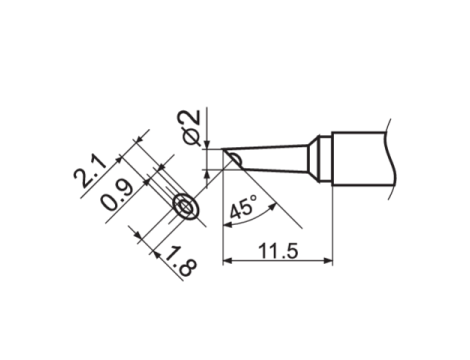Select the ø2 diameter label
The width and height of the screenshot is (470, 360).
(193, 127)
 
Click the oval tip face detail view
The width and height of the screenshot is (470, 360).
(185, 206)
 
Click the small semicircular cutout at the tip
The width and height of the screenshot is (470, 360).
(232, 157)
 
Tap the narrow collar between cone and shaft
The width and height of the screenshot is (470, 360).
(319, 157)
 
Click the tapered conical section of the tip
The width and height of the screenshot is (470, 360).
(275, 157)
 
